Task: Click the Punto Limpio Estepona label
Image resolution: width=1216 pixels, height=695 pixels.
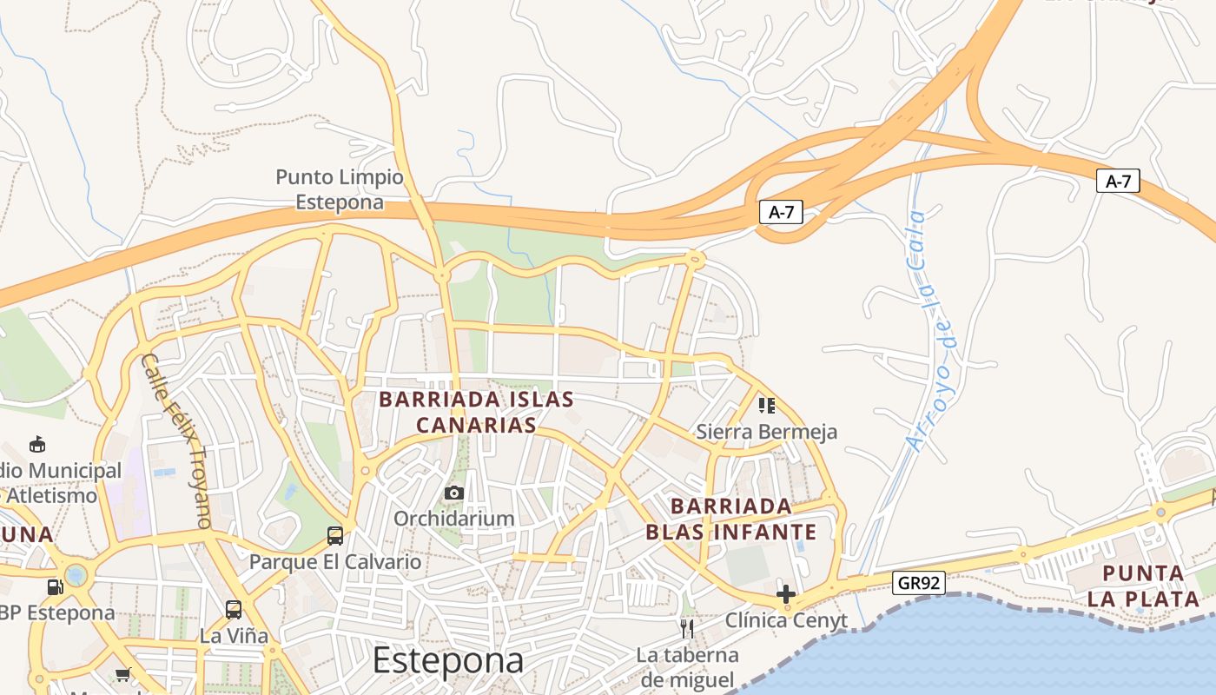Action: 340,189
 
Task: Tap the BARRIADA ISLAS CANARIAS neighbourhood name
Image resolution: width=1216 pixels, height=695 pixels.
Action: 476,412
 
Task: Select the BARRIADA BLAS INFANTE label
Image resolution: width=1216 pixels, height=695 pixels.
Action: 731,519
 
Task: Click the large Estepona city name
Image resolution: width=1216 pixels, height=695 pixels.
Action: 448,661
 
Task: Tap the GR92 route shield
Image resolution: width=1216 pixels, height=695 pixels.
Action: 919,583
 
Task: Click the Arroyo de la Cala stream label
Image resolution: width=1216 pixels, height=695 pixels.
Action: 927,330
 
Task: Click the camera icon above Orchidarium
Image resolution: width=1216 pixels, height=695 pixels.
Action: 453,493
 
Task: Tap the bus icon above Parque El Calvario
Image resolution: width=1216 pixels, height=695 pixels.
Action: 335,535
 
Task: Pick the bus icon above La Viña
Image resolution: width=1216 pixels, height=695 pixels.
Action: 234,609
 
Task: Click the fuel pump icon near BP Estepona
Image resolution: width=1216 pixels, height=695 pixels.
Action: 56,586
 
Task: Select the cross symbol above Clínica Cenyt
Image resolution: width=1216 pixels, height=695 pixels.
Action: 786,594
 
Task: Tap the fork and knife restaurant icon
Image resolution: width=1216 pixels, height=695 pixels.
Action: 687,628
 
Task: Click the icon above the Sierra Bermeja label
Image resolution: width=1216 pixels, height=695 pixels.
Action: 766,405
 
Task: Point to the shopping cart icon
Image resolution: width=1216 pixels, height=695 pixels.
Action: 123,674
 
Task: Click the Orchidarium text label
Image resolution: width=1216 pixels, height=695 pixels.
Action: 453,519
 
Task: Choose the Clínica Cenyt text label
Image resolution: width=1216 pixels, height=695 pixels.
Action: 786,620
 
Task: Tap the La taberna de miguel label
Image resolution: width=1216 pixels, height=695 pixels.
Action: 687,667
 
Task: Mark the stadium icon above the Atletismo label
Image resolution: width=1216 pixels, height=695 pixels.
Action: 37,445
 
